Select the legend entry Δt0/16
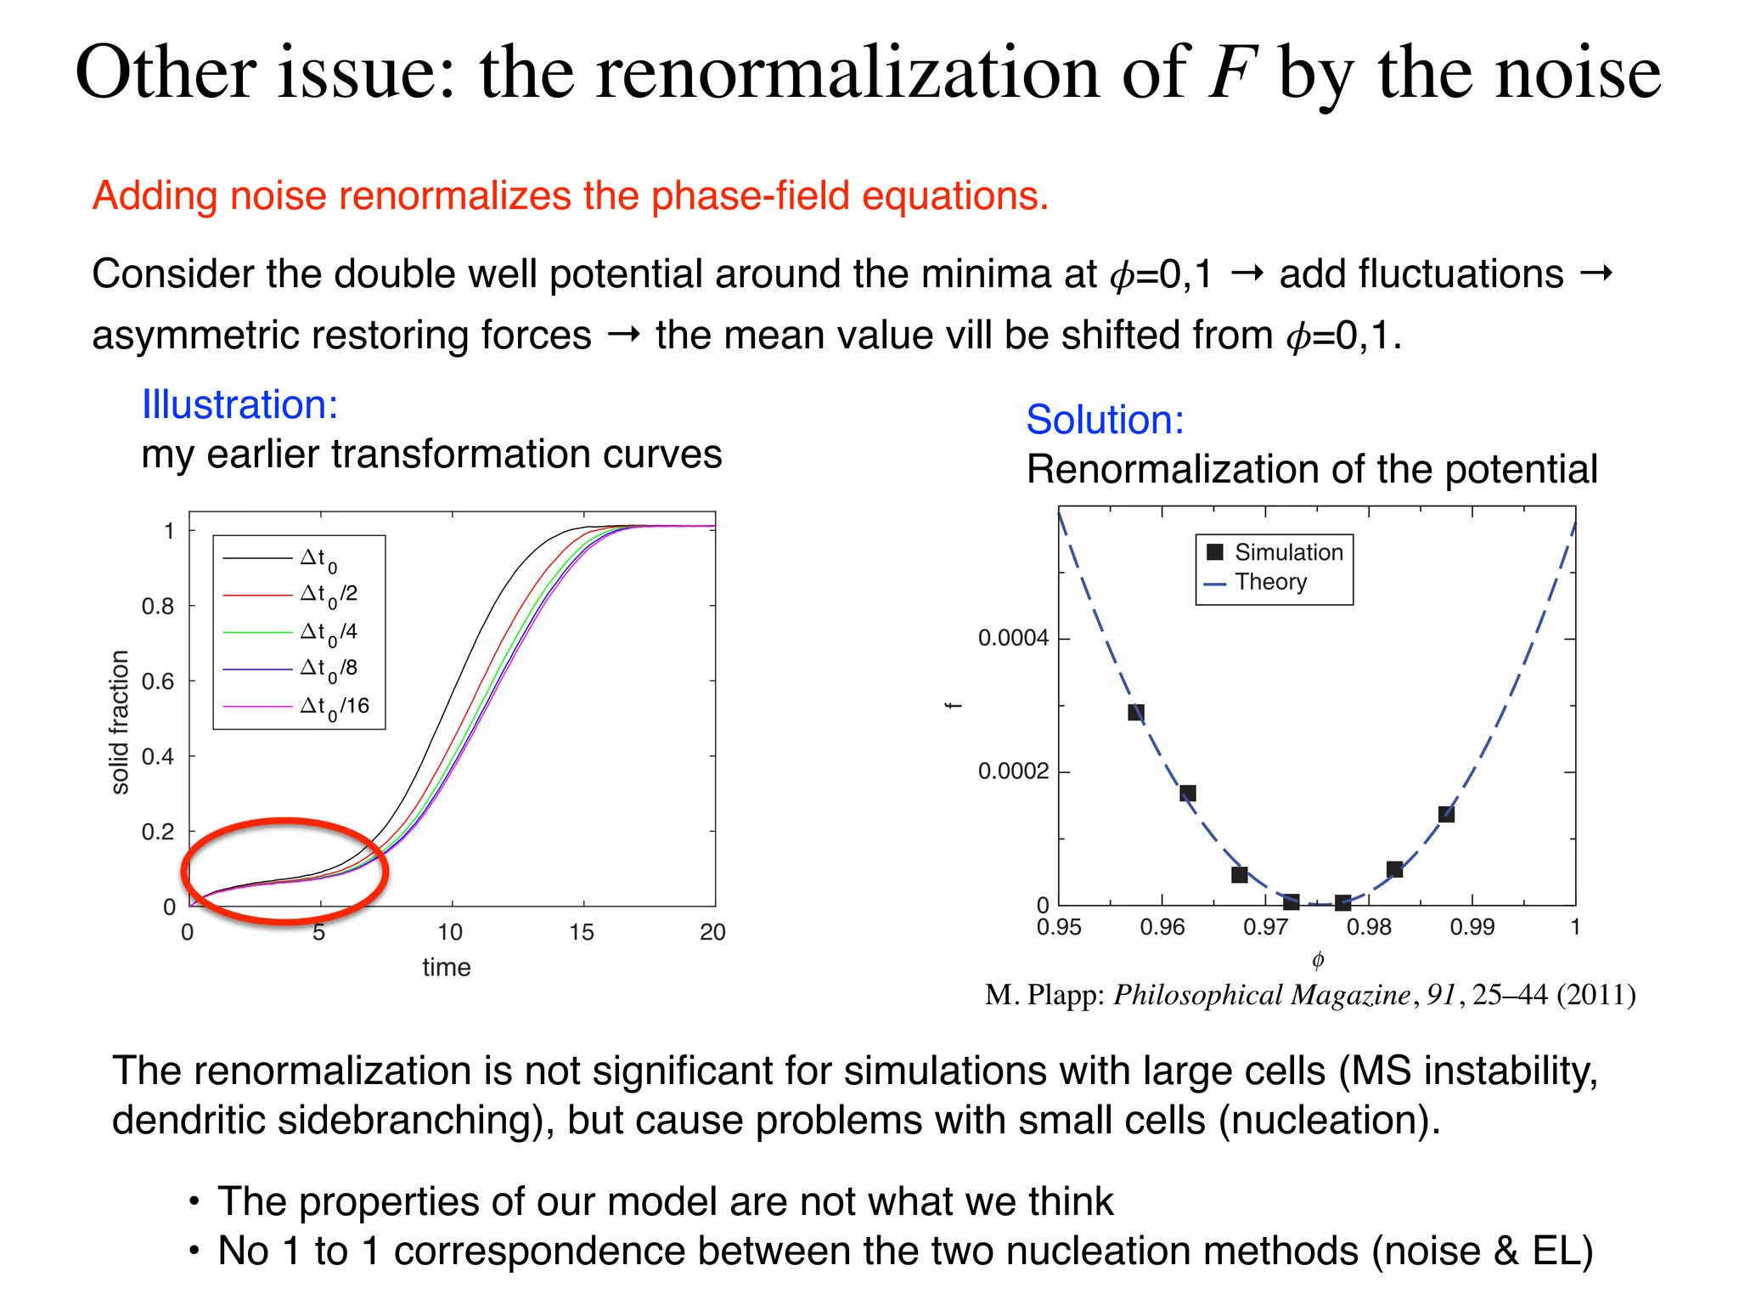click(334, 706)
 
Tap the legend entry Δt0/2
click(329, 595)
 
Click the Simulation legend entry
click(1287, 552)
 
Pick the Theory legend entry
click(1270, 582)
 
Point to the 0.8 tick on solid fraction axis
click(158, 607)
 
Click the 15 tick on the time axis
click(582, 933)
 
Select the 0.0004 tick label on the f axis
click(1013, 638)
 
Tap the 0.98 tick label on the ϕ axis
click(1369, 928)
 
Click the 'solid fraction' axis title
click(120, 722)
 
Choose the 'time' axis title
click(447, 968)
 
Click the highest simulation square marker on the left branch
click(1136, 712)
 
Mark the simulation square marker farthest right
click(1446, 814)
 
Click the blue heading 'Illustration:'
click(239, 404)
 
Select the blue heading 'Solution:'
click(1105, 420)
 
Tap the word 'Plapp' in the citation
click(1065, 995)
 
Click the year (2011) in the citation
click(1595, 995)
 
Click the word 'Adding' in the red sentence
click(155, 196)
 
